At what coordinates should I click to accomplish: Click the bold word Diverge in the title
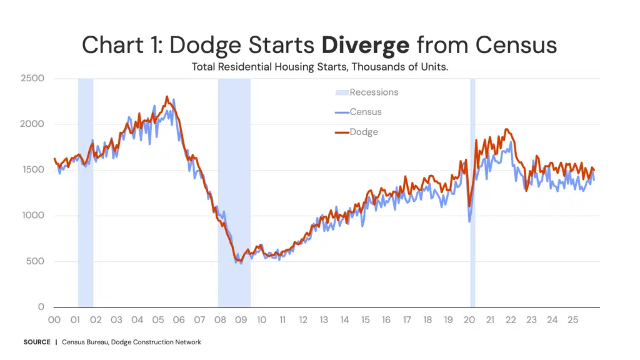[x=365, y=45]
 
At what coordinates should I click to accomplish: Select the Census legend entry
[x=358, y=112]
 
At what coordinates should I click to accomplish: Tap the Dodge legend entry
[x=356, y=132]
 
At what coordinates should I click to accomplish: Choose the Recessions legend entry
[x=366, y=92]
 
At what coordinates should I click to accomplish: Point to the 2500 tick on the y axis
[x=32, y=78]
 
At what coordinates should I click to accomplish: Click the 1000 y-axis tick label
[x=33, y=215]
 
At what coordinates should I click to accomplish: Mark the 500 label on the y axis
[x=35, y=261]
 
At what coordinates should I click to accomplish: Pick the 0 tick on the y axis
[x=41, y=306]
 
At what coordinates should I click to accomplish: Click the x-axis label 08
[x=220, y=320]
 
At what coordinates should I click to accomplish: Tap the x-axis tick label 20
[x=469, y=320]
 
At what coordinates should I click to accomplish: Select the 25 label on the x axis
[x=572, y=320]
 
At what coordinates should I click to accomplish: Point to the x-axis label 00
[x=54, y=320]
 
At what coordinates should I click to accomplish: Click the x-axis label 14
[x=344, y=320]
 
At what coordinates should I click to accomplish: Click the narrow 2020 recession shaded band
[x=472, y=192]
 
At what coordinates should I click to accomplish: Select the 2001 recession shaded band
[x=86, y=192]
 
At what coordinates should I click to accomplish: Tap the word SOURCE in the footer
[x=37, y=342]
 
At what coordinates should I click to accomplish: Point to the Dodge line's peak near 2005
[x=166, y=97]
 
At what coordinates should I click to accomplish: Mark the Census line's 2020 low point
[x=469, y=222]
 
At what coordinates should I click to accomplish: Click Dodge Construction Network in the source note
[x=156, y=342]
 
